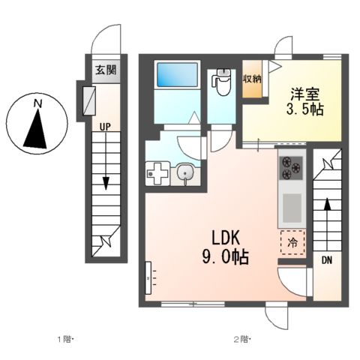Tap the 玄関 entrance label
point(105,71)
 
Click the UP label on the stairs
point(105,127)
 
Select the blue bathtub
point(177,76)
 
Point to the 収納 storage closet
point(253,78)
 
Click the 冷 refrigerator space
point(293,242)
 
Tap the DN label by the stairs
point(327,260)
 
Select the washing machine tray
point(159,174)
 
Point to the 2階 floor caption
point(241,340)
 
